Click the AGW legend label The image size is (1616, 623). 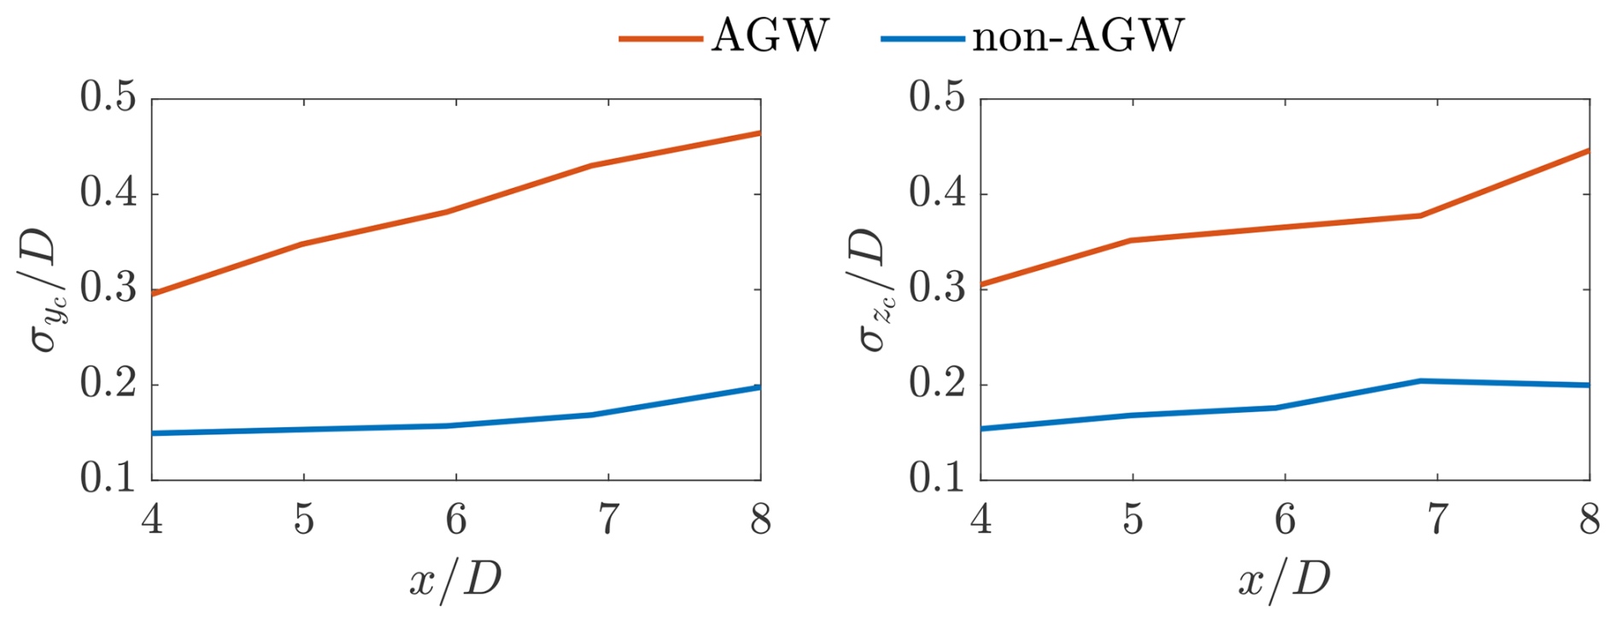coord(770,37)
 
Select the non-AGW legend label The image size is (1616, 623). coord(1078,37)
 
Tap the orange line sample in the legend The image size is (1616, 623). coord(660,38)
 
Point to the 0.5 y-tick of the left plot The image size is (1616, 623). coord(108,97)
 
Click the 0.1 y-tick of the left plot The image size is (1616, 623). coord(108,479)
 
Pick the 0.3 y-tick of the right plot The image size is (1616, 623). coord(937,289)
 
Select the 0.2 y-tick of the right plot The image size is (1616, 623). coord(937,385)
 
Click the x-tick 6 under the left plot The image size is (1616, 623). coord(456,520)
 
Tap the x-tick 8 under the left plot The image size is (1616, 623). coord(760,520)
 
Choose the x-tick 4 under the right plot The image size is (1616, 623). coord(981,520)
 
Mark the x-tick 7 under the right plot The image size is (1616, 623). coord(1437,520)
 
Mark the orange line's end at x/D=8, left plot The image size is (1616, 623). coord(758,133)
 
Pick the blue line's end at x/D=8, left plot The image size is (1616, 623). coord(758,388)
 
